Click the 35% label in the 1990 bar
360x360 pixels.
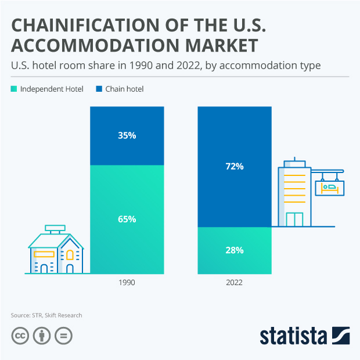(x=127, y=136)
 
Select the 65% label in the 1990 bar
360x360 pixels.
(x=127, y=219)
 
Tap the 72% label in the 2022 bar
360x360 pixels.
(x=235, y=166)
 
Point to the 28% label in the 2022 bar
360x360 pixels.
(x=235, y=250)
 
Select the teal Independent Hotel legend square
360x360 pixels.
(x=14, y=89)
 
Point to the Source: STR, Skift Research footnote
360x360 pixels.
(x=46, y=315)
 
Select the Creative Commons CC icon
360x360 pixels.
(x=20, y=336)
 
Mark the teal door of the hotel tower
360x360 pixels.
(x=294, y=219)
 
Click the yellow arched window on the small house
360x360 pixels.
(x=70, y=255)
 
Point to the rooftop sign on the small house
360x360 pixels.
(x=56, y=228)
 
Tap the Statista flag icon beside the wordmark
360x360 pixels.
(x=341, y=336)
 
